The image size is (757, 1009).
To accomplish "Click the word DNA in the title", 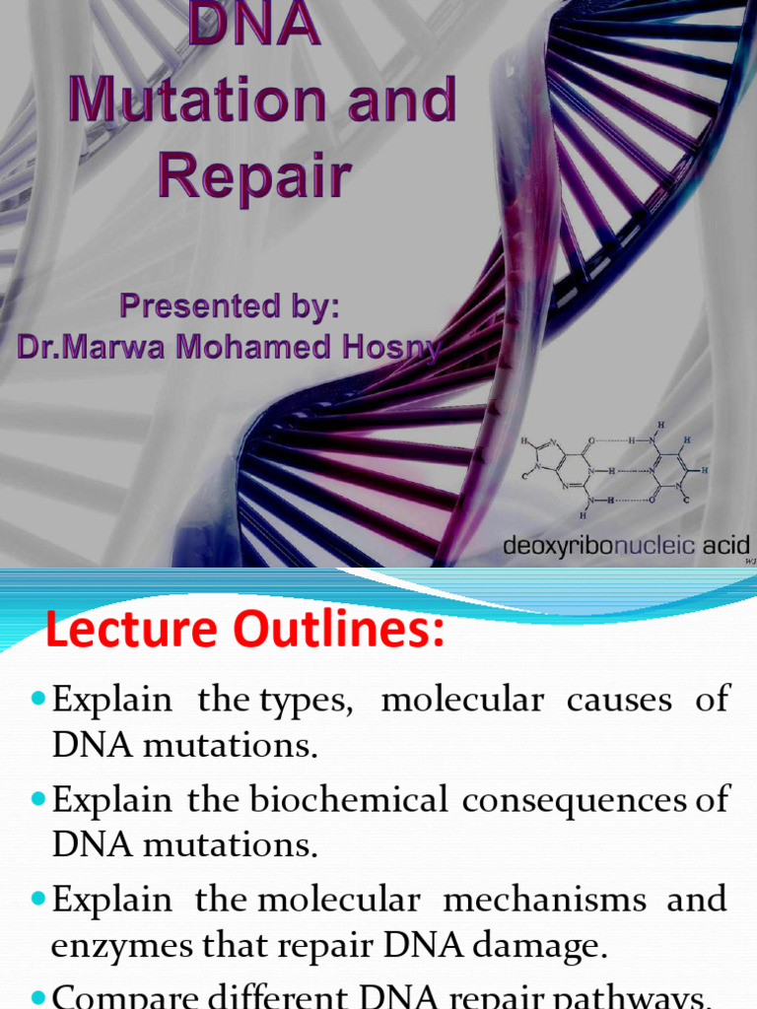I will click(x=254, y=25).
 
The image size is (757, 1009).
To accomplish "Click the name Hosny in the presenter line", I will click(x=388, y=348).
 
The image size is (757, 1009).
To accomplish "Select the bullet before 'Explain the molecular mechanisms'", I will click(x=38, y=899).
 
